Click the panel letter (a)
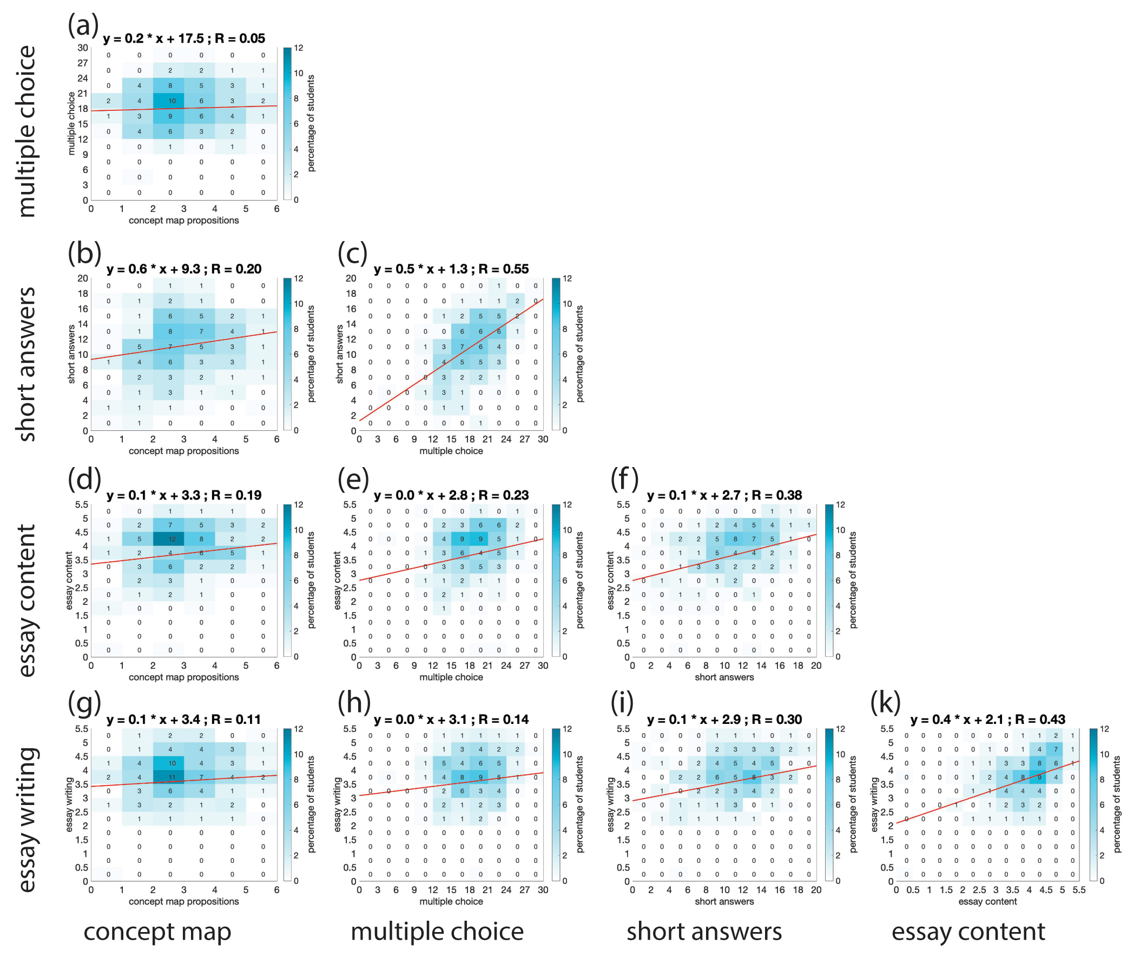83,25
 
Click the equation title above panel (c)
451,269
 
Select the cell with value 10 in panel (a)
172,101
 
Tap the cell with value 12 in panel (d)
172,540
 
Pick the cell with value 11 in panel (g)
172,777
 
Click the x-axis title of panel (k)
987,902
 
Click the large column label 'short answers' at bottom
704,932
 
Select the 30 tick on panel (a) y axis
82,48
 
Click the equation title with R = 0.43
987,720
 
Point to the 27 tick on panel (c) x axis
524,440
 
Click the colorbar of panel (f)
829,580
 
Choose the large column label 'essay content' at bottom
968,932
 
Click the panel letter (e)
353,480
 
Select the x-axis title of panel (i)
724,902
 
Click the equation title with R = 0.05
184,39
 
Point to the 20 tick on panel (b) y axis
82,278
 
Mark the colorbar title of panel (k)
1117,804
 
